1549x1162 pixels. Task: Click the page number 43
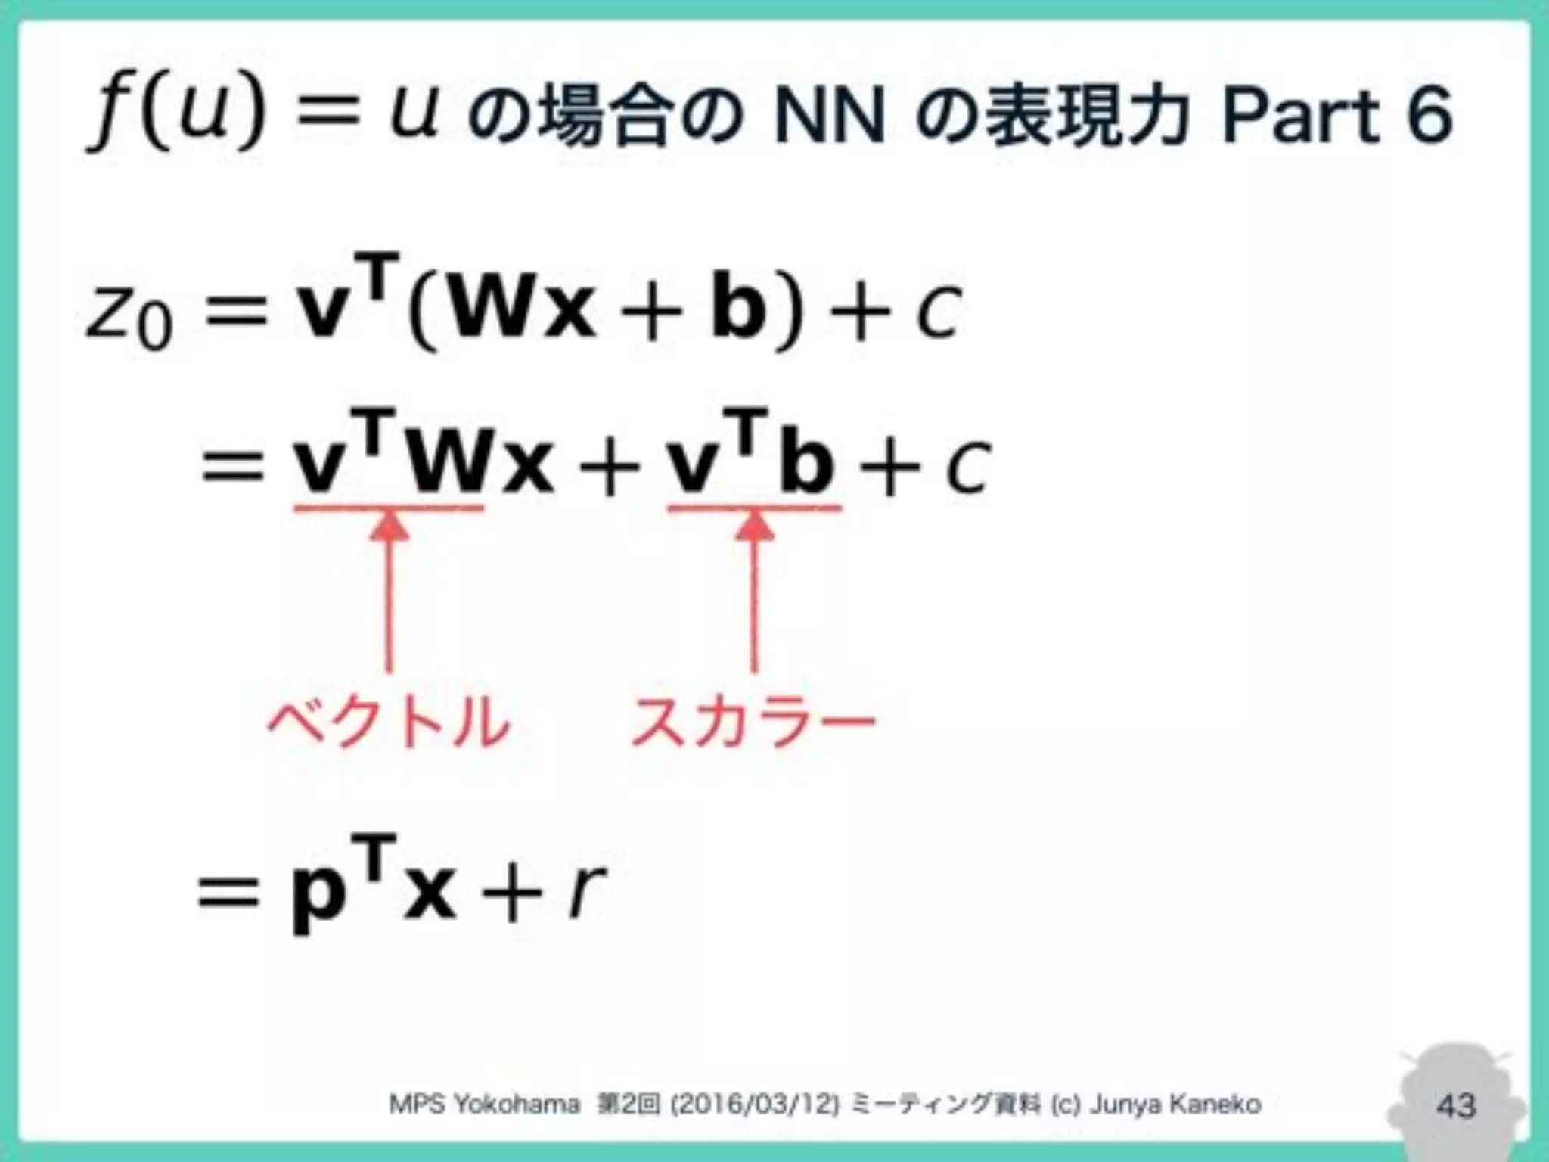(1456, 1106)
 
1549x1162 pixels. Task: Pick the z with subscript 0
(129, 314)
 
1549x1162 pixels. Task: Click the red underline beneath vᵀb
(754, 508)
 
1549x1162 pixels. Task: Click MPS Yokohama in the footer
(484, 1105)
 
